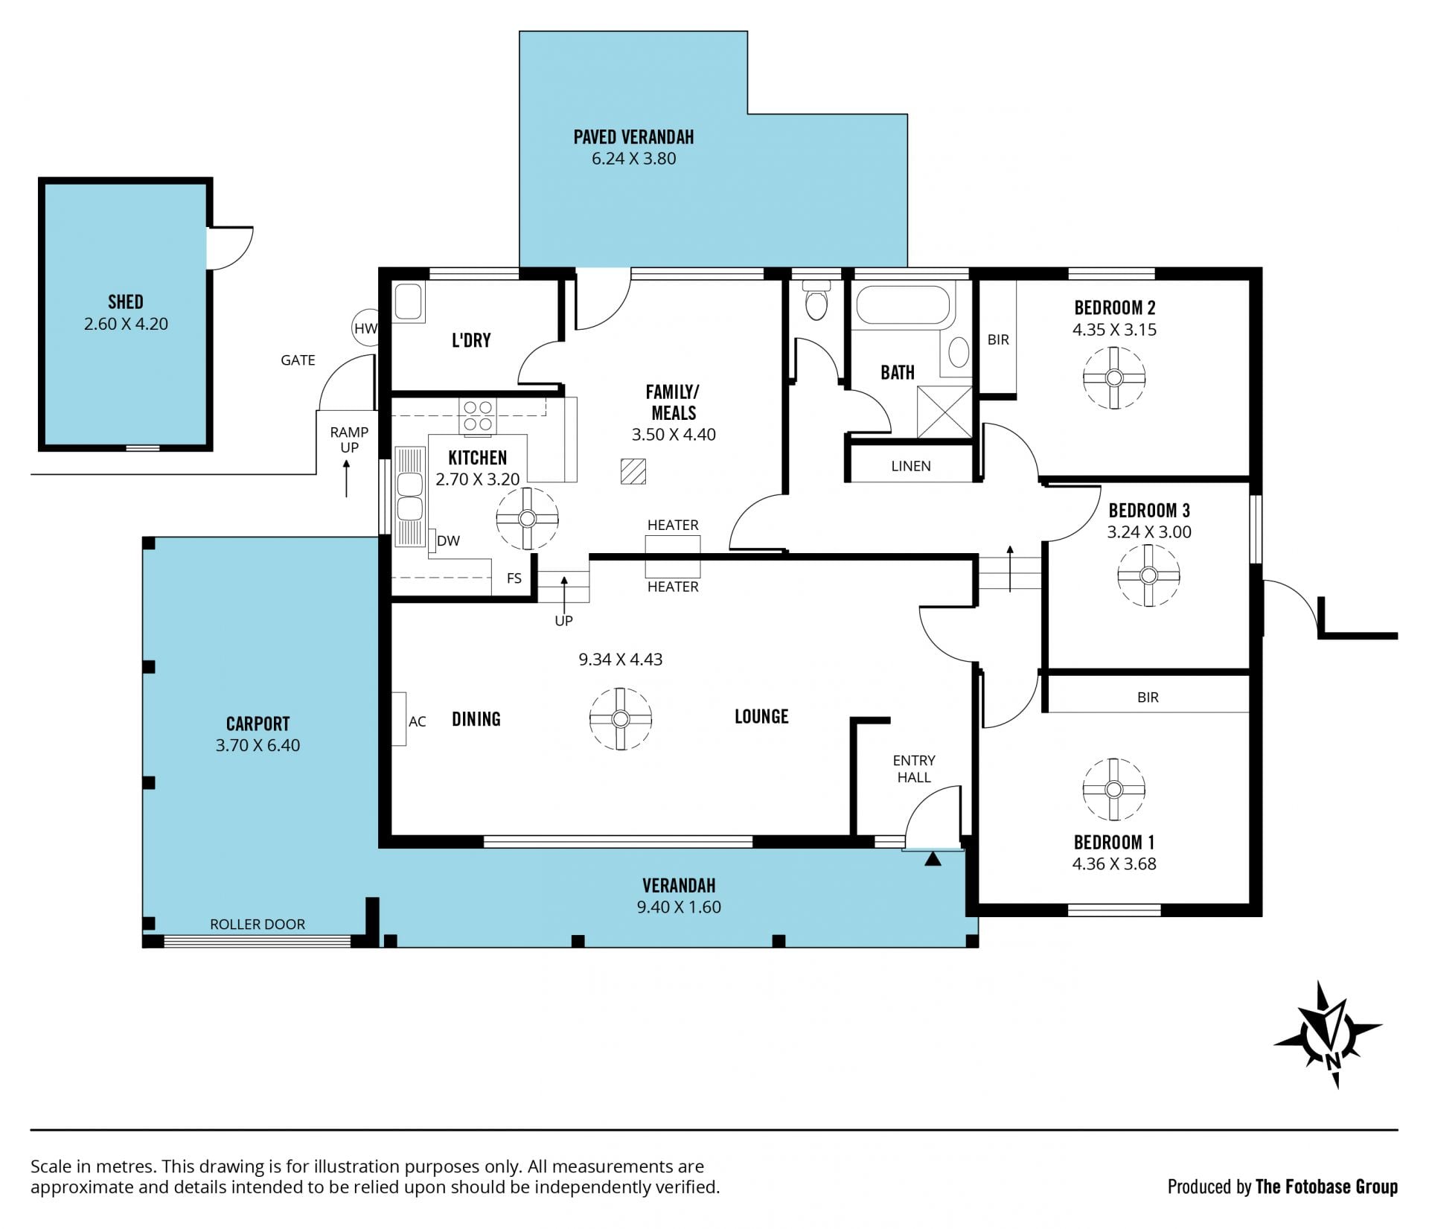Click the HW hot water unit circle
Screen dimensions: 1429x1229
[x=365, y=328]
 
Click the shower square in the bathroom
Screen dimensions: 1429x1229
[x=944, y=412]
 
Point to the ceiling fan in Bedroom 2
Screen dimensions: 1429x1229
[x=1113, y=378]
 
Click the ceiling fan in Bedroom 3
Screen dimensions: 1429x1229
[x=1148, y=575]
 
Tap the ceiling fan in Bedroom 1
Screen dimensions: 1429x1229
[x=1113, y=789]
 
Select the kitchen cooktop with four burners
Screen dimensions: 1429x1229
[x=478, y=416]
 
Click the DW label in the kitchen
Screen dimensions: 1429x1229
[x=448, y=541]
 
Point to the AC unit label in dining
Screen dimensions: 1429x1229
[x=417, y=721]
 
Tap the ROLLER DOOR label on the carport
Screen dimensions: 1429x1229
[x=258, y=925]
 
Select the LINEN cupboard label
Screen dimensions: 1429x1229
[x=911, y=466]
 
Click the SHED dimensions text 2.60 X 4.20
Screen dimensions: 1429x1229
[x=126, y=324]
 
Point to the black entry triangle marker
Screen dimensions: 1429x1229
[x=933, y=859]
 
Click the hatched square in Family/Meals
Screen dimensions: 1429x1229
[x=633, y=472]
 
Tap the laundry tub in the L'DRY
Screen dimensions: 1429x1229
[x=409, y=303]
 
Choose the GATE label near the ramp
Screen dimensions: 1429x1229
[x=298, y=360]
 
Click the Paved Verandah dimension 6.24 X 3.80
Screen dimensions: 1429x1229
[x=634, y=159]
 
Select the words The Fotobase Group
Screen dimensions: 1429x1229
[x=1326, y=1187]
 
